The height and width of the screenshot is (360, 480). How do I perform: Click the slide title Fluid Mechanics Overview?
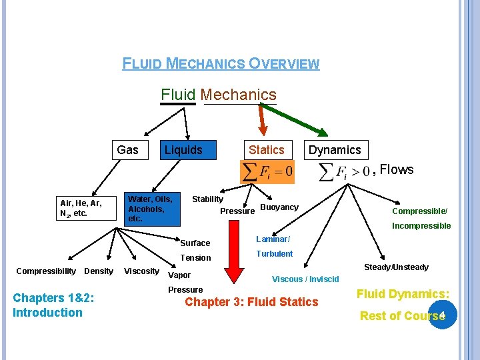(221, 64)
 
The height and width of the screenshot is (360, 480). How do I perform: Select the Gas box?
(127, 150)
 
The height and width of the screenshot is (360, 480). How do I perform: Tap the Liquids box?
(183, 150)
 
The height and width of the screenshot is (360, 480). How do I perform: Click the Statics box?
(266, 150)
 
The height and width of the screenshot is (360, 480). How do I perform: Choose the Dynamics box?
(334, 150)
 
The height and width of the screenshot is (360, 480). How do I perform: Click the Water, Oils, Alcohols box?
(150, 209)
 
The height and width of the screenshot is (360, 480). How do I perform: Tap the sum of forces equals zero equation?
(267, 172)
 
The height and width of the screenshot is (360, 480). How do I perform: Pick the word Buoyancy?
(279, 207)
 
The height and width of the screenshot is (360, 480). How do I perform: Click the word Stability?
(207, 199)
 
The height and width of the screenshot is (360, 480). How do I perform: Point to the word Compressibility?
(46, 271)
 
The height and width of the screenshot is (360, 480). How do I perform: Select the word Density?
(99, 271)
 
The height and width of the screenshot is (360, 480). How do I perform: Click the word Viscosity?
(141, 271)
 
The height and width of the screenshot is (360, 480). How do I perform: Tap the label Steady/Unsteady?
(396, 267)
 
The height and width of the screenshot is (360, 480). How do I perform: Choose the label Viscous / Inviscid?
(305, 279)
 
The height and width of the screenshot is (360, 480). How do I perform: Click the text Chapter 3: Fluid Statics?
(251, 302)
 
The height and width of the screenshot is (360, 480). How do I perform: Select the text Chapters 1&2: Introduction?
(47, 305)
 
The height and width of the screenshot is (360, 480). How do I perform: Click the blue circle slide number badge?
(443, 314)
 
